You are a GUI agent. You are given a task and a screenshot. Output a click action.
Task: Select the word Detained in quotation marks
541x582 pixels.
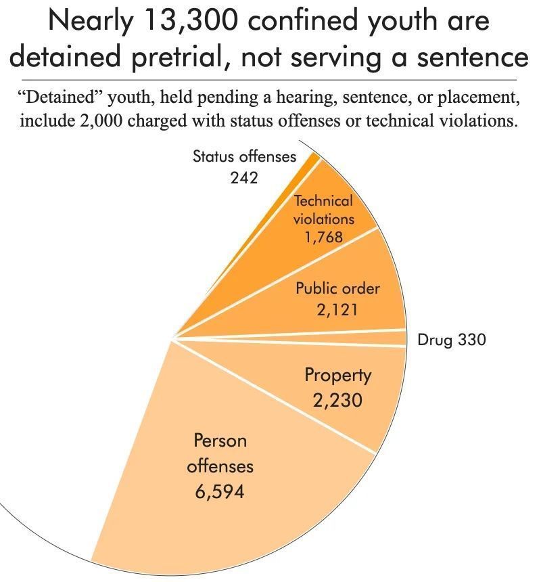pyautogui.click(x=60, y=97)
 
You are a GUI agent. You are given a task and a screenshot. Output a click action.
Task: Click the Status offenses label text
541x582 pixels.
pyautogui.click(x=244, y=157)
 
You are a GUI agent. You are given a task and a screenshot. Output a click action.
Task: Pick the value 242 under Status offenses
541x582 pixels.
pyautogui.click(x=243, y=178)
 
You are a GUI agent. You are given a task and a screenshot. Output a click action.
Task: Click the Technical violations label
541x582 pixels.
pyautogui.click(x=323, y=210)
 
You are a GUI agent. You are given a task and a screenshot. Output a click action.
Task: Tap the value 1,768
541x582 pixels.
pyautogui.click(x=323, y=237)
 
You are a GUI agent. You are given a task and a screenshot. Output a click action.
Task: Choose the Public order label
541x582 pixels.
pyautogui.click(x=337, y=288)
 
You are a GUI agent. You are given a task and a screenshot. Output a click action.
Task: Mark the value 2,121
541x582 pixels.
pyautogui.click(x=337, y=309)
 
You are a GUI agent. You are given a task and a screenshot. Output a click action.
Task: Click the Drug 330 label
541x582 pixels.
pyautogui.click(x=451, y=340)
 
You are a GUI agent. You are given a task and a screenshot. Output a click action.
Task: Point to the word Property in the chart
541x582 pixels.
pyautogui.click(x=337, y=375)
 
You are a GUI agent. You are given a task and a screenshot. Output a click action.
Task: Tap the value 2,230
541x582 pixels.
pyautogui.click(x=337, y=400)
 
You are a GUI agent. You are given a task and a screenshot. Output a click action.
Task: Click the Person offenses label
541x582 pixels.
pyautogui.click(x=220, y=453)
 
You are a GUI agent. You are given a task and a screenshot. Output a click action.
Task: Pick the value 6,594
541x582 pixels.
pyautogui.click(x=219, y=491)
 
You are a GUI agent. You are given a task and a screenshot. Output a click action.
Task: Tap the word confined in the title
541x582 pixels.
pyautogui.click(x=308, y=22)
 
